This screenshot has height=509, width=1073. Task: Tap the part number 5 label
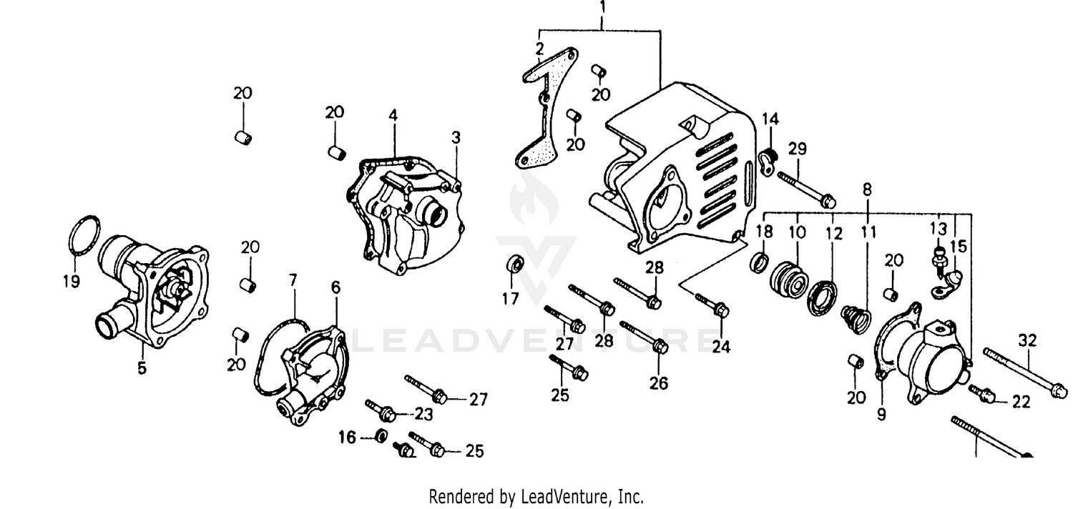pos(142,369)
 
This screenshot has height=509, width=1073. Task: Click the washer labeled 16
pos(381,436)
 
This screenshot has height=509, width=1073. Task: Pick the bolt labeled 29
pos(805,187)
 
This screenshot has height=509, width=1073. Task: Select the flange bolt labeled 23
pos(382,410)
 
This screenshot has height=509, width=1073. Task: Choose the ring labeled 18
pos(760,260)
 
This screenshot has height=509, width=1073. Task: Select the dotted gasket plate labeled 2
pos(540,107)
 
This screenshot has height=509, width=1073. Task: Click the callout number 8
pos(867,189)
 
